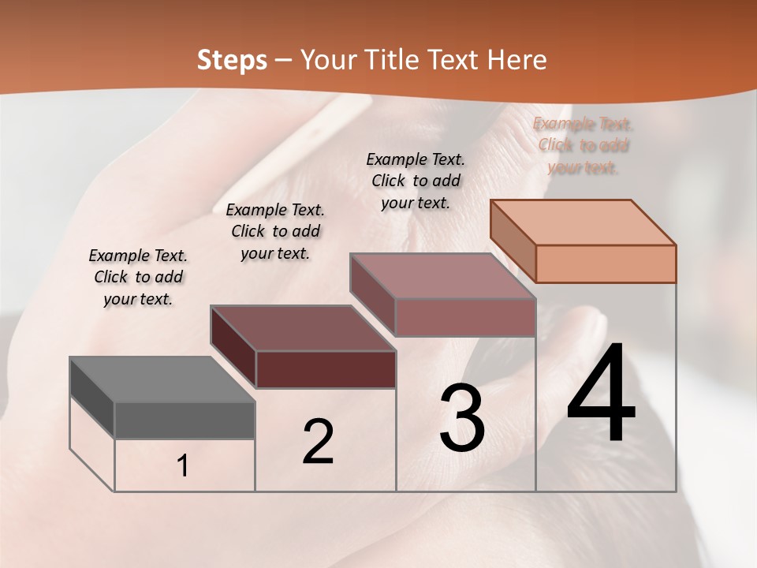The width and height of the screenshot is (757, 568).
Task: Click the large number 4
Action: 601,392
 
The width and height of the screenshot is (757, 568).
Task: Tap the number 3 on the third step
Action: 462,418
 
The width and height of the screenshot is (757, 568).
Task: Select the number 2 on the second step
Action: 318,442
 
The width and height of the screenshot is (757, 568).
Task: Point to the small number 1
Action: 183,465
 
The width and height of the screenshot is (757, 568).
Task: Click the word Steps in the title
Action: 232,60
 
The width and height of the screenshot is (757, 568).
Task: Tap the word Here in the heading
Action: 516,60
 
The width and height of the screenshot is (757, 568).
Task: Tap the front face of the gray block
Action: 185,420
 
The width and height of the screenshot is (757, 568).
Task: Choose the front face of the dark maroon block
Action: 326,369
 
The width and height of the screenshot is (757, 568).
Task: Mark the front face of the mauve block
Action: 465,317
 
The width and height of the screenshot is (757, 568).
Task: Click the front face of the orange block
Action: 606,263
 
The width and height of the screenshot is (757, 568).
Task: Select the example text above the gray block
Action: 138,277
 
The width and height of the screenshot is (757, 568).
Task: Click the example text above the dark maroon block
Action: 275,231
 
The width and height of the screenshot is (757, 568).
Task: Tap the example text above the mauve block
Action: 416,181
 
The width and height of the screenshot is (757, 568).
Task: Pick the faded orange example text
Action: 583,145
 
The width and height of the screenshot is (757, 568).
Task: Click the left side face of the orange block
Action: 513,241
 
